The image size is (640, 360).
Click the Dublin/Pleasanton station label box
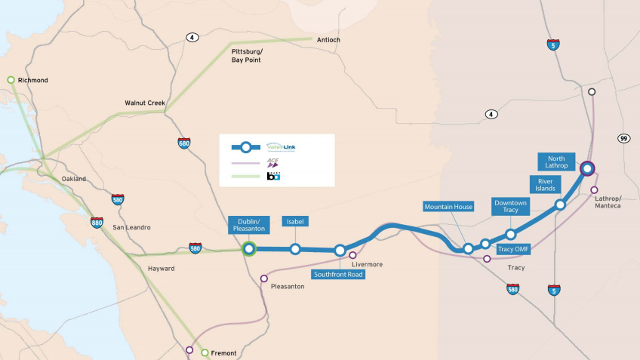point(248,225)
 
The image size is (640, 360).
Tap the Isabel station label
point(294,221)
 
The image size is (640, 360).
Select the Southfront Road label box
point(338,275)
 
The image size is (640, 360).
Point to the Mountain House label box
point(449,206)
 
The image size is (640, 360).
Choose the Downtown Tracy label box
point(510,206)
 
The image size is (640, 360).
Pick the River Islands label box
point(545,185)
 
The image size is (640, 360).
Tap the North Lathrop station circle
point(587,168)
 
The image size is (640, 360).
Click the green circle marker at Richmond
point(11,79)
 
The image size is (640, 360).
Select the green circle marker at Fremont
point(205,352)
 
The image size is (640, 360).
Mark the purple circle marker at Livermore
point(352,255)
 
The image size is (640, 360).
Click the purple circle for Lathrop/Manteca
point(595,190)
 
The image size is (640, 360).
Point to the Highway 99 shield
point(623,139)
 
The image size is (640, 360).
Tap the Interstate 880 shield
point(97,223)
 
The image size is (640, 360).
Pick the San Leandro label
point(131,227)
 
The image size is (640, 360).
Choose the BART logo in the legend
point(273,176)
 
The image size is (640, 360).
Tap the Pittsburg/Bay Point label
point(246,55)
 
